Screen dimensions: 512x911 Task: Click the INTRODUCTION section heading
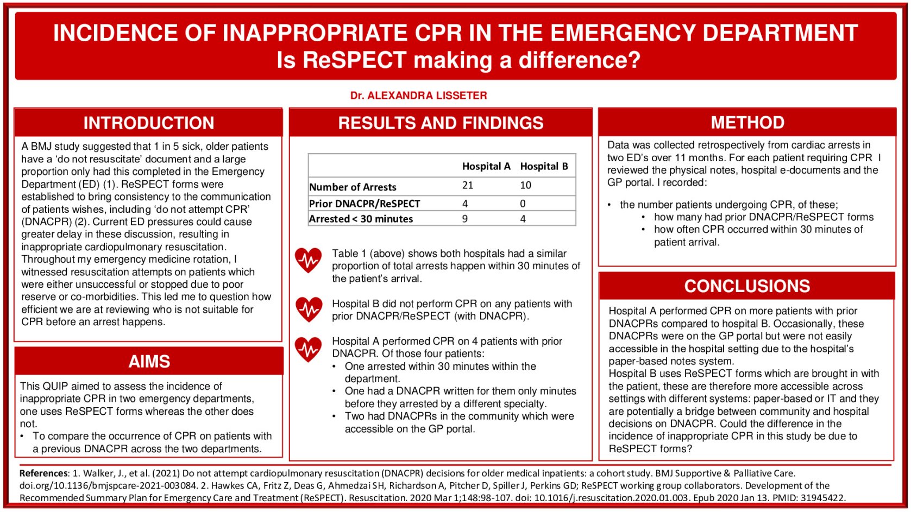148,123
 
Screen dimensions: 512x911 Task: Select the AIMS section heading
149,362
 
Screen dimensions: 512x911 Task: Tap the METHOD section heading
747,123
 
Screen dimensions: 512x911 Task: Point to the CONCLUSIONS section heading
747,286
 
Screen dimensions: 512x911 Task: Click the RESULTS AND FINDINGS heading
441,123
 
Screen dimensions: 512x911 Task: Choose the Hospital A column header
486,167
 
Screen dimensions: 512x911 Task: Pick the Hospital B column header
544,167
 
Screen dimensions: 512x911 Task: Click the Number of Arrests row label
353,187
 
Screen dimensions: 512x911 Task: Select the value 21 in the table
468,186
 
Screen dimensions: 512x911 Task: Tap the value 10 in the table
525,186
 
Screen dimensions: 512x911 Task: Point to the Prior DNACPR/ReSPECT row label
365,204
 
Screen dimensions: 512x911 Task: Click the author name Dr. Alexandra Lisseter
418,96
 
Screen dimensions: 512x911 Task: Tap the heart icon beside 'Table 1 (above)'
309,261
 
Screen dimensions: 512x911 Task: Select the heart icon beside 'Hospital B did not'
309,309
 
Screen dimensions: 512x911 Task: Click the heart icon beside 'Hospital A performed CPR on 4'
309,349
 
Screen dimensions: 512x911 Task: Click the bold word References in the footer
44,473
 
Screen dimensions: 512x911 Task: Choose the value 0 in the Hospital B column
523,204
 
